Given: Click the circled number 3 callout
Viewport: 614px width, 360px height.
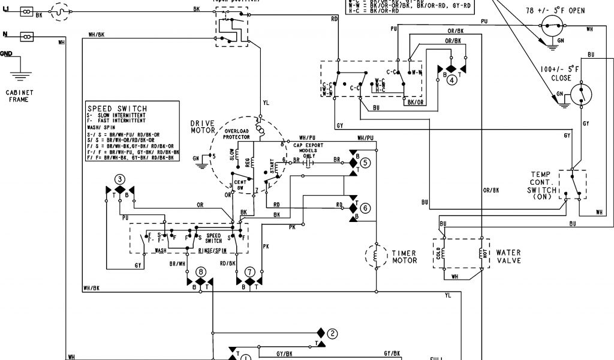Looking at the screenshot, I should click(120, 179).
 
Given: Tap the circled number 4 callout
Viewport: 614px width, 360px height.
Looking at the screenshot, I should click(452, 80).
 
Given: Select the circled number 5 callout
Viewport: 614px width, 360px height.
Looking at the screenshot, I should click(365, 162).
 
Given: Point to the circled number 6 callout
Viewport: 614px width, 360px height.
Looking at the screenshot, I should click(365, 208).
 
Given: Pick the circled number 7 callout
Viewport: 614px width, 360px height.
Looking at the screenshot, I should click(249, 271).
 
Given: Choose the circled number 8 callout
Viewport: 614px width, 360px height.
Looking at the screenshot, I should click(201, 271).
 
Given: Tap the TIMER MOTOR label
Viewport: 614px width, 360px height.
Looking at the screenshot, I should click(404, 257).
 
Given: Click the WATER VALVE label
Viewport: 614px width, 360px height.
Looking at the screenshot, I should click(508, 257).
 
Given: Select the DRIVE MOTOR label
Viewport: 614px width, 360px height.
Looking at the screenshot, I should click(202, 127).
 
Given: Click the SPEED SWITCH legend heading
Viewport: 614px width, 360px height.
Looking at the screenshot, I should click(117, 109).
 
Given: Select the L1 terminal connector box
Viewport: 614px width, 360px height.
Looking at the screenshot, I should click(27, 11).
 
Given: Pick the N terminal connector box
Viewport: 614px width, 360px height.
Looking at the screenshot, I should click(27, 36).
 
